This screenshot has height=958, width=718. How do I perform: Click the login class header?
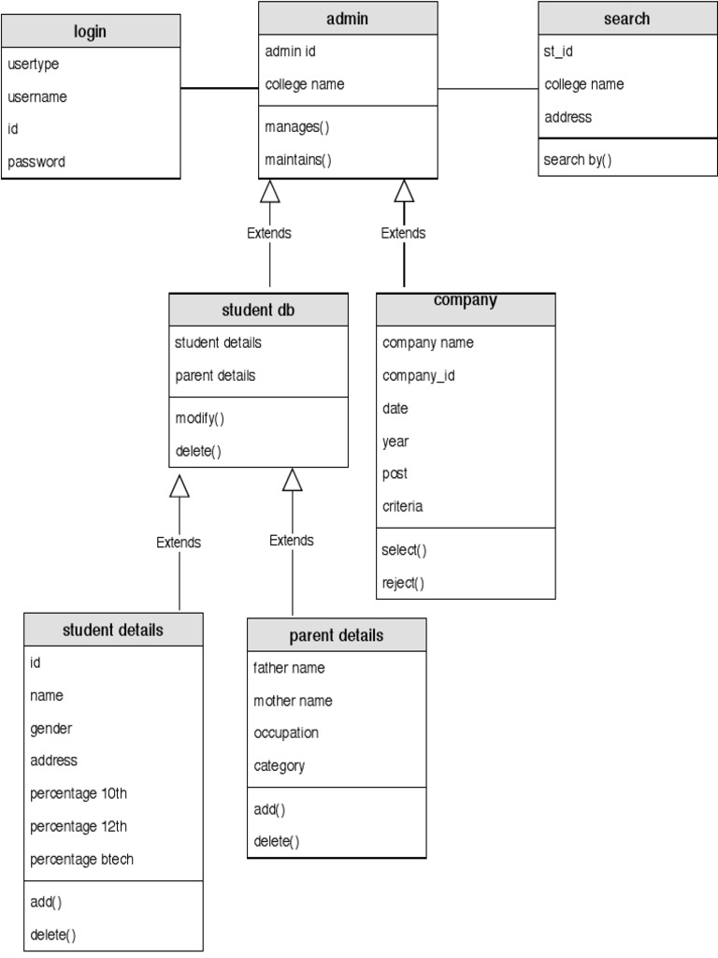91,32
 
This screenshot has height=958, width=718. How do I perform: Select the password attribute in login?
37,162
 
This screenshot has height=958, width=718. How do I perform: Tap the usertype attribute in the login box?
34,65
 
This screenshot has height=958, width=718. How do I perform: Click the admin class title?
348,19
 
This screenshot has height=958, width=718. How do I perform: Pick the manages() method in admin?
297,127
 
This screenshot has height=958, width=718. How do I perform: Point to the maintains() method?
298,160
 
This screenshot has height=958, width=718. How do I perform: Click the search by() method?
578,159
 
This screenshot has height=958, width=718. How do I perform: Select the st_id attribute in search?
558,51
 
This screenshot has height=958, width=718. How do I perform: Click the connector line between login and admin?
220,89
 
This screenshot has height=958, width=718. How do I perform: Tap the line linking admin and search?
488,89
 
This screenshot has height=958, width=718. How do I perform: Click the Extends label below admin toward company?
403,233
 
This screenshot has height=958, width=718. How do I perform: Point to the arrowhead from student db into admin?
270,191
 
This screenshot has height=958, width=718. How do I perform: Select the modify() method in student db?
200,418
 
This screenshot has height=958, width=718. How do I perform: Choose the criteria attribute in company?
403,506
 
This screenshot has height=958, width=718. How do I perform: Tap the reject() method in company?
403,583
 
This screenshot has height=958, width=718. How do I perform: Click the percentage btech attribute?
82,859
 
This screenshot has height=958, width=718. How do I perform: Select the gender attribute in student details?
51,728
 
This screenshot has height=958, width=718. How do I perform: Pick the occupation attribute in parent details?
286,733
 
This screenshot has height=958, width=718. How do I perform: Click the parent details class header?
337,636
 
